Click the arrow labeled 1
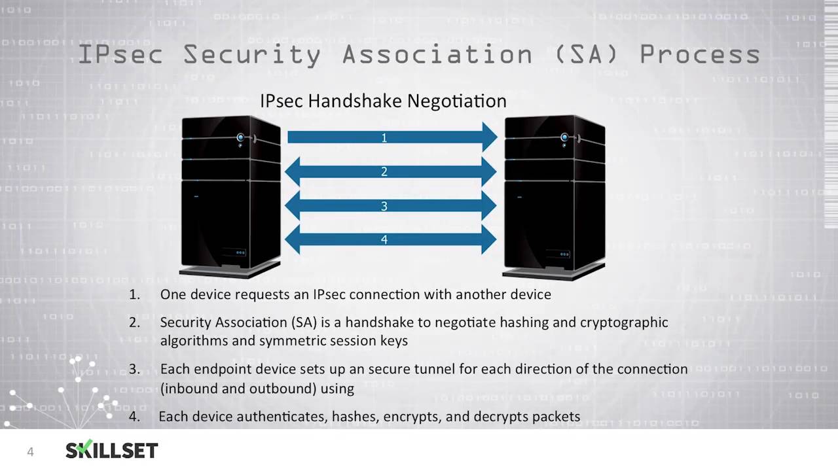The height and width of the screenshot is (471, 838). (392, 137)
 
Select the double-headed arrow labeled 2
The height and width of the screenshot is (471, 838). (391, 171)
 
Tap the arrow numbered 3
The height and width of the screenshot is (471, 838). (391, 206)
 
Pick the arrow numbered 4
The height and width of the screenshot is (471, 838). (391, 239)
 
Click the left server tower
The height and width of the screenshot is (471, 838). (230, 196)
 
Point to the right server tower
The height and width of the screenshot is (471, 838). (554, 196)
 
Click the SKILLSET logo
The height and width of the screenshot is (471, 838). (112, 450)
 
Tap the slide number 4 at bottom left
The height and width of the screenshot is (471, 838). (30, 451)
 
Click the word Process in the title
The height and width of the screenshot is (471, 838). (699, 54)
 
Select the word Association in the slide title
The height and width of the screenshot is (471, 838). (437, 54)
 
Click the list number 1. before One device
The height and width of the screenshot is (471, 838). (134, 294)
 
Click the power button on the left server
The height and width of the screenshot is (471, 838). (241, 137)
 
